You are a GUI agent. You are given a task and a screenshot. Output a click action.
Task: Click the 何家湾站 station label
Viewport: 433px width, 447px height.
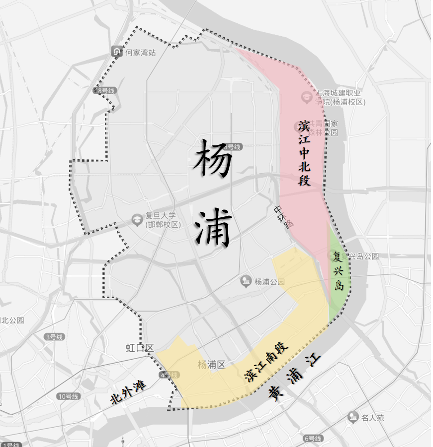pyautogui.click(x=140, y=52)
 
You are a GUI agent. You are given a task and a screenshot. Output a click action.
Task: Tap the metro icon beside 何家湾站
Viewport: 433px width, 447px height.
pyautogui.click(x=117, y=52)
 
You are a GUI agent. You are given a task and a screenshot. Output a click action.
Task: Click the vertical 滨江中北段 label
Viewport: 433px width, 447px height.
pyautogui.click(x=305, y=153)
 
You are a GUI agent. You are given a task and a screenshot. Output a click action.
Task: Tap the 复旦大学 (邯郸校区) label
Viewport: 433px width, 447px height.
pyautogui.click(x=161, y=220)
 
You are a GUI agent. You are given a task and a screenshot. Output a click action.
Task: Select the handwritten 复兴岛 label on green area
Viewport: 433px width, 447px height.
pyautogui.click(x=339, y=271)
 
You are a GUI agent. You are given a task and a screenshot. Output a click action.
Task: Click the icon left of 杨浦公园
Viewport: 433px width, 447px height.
pyautogui.click(x=246, y=282)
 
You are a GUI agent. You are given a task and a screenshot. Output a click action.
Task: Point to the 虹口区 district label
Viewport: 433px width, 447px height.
pyautogui.click(x=139, y=348)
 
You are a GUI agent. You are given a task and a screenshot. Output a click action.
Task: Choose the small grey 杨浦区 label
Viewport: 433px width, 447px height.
pyautogui.click(x=211, y=365)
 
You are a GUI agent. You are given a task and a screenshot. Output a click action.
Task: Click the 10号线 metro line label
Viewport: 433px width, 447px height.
pyautogui.click(x=68, y=396)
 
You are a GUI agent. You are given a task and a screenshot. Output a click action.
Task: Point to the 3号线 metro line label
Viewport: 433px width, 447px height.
pyautogui.click(x=54, y=337)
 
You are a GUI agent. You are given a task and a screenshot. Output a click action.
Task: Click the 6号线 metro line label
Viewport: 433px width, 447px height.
pyautogui.click(x=313, y=439)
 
